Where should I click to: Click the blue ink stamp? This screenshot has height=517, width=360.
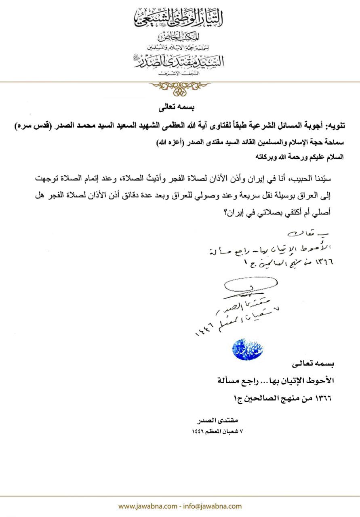(244, 349)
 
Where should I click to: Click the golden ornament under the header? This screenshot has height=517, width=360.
(179, 87)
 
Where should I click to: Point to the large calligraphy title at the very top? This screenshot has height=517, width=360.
(179, 18)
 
